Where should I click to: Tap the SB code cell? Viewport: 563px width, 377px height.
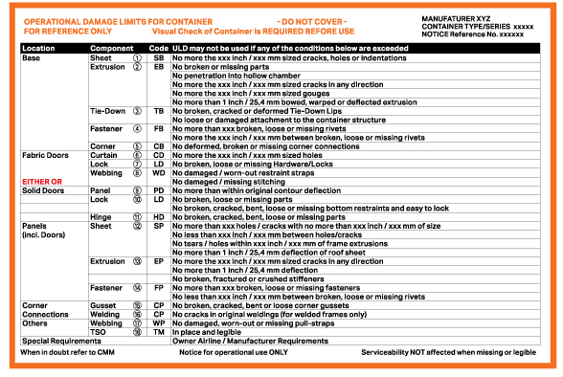pos(159,57)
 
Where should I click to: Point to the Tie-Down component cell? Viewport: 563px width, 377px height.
pos(105,110)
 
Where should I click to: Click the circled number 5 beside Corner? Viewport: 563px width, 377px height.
pos(138,145)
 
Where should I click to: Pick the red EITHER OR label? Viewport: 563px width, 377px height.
pos(42,180)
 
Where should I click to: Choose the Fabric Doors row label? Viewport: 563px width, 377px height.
pos(47,154)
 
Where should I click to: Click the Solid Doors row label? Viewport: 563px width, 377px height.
pos(44,189)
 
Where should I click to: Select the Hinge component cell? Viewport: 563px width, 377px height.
pos(100,216)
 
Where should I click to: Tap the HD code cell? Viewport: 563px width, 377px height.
pos(159,216)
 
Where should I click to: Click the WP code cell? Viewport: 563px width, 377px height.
pos(159,322)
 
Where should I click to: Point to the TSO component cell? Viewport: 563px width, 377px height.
pos(98,331)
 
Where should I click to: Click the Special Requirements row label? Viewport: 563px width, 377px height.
pos(59,341)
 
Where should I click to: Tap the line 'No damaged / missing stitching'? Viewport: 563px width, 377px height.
pos(227,181)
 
